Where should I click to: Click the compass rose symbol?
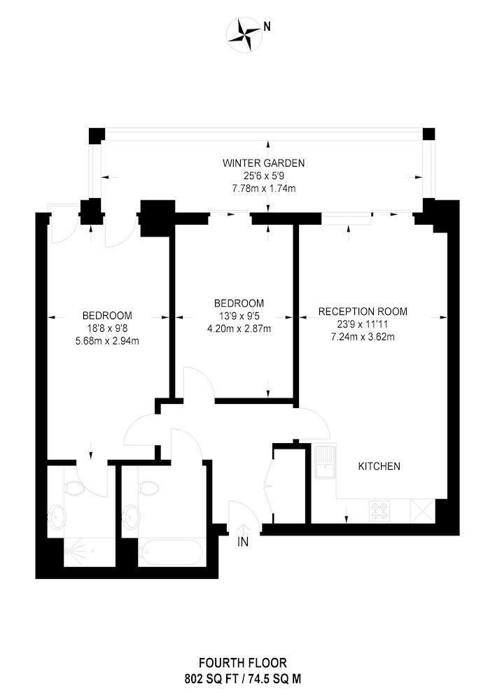tap(244, 35)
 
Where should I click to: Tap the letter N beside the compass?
tap(267, 27)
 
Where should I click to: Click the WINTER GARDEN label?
tap(263, 163)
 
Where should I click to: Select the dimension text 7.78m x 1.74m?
tap(263, 188)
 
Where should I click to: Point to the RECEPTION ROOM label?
tap(363, 311)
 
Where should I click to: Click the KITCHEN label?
tap(379, 466)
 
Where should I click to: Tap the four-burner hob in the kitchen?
tap(379, 511)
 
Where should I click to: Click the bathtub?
tap(172, 553)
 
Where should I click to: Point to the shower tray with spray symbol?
tap(90, 552)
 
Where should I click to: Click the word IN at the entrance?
tap(243, 542)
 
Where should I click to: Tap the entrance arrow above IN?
tap(243, 528)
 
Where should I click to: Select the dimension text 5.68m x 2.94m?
tap(106, 341)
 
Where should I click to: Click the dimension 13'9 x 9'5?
tap(239, 316)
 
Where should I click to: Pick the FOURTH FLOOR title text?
tap(243, 662)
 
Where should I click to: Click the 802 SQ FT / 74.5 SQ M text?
tap(243, 679)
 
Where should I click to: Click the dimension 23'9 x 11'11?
tap(363, 324)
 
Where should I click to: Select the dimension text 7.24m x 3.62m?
tap(363, 337)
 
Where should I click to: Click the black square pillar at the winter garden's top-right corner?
tap(428, 134)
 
